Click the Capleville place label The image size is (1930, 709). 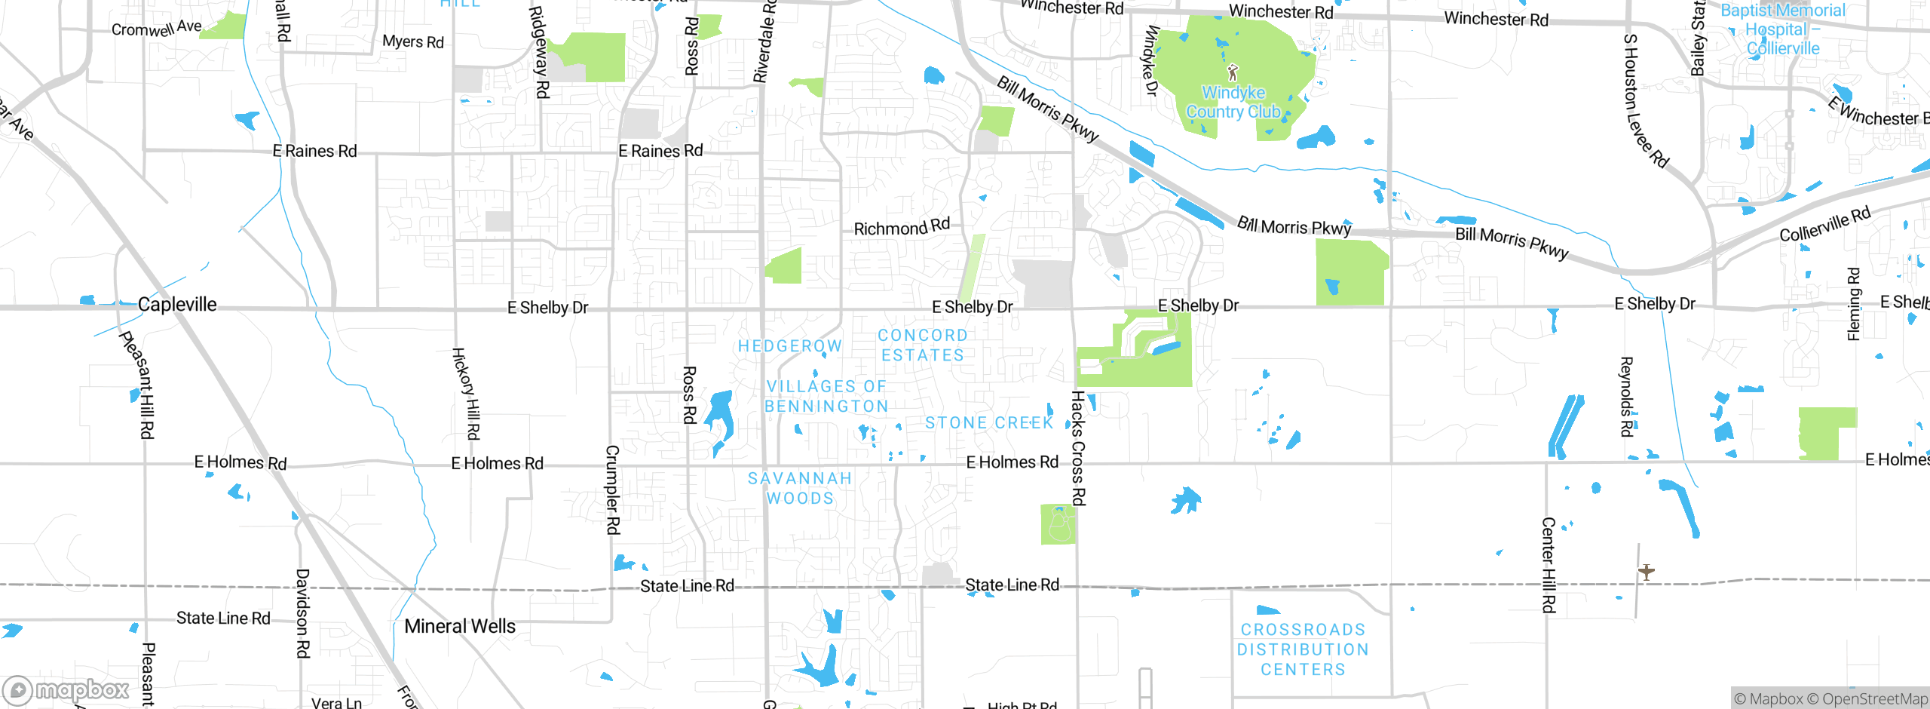tap(177, 305)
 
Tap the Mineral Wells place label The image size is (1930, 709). tap(460, 626)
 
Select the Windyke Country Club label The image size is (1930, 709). tap(1233, 103)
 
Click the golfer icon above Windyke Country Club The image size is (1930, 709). tap(1233, 72)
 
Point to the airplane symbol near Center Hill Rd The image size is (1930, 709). tap(1646, 572)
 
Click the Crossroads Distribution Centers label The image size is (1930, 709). tap(1303, 649)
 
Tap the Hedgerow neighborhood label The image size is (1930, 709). tap(789, 346)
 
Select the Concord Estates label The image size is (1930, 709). tap(923, 345)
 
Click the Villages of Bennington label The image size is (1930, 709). tap(827, 397)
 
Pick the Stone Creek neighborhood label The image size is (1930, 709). tap(989, 423)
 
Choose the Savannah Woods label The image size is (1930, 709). tap(800, 489)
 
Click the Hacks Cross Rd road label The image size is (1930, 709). tap(1078, 448)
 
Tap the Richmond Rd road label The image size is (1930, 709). tap(902, 227)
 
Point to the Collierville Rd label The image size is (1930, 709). tap(1824, 224)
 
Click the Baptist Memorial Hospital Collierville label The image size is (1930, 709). tap(1783, 30)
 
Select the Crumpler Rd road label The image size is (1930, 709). tap(613, 490)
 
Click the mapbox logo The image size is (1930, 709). tap(66, 690)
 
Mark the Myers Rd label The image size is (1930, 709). tap(413, 41)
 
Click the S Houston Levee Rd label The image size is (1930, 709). tap(1645, 100)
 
